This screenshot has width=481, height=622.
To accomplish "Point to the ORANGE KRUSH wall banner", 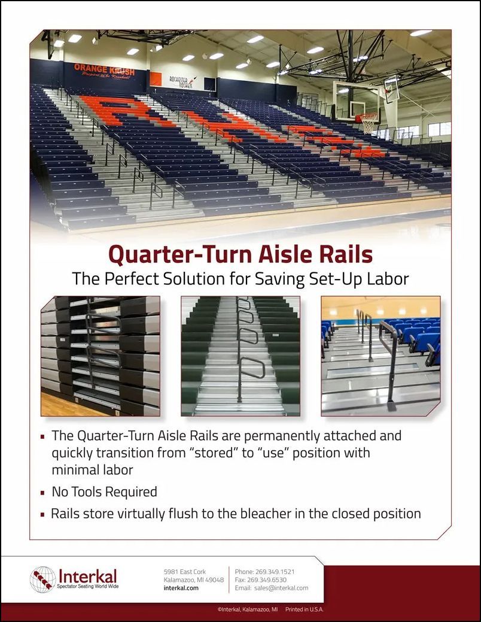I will click(104, 70).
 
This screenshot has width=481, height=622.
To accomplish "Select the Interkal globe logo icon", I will click(42, 579).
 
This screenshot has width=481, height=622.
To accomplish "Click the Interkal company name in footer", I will click(87, 576).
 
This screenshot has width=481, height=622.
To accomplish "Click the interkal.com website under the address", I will click(181, 588).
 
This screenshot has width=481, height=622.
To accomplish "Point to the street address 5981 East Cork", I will click(185, 572).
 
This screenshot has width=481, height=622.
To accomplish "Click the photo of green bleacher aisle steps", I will click(240, 356).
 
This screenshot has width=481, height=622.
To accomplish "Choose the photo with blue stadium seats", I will click(380, 356).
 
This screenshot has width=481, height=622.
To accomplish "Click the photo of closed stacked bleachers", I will click(100, 356).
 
